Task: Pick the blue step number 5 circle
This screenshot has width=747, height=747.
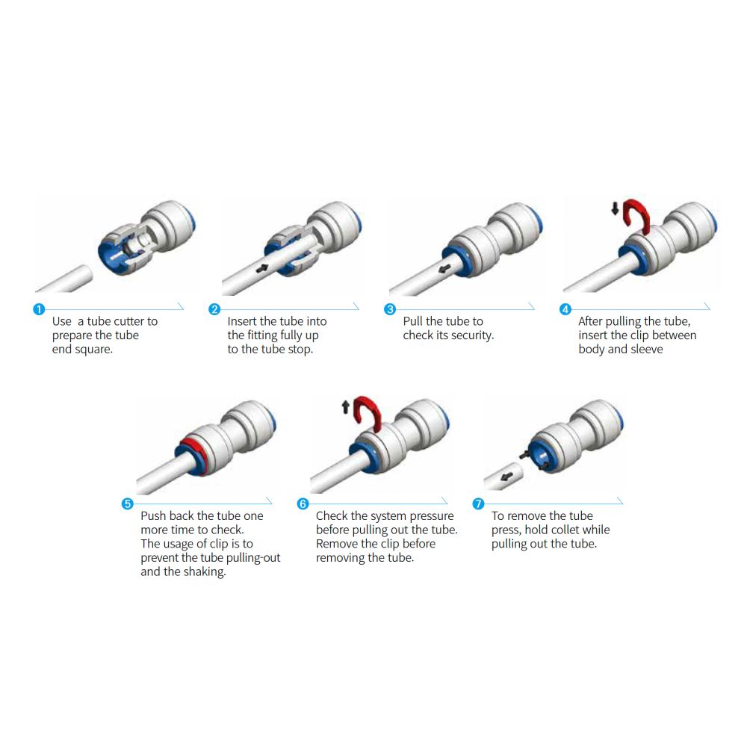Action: (127, 503)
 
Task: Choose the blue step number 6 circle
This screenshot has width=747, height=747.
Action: (303, 503)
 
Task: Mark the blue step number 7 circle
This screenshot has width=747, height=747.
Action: (478, 503)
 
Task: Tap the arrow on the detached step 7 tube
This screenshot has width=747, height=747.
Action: (507, 476)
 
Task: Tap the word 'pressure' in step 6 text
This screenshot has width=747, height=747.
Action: (429, 516)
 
